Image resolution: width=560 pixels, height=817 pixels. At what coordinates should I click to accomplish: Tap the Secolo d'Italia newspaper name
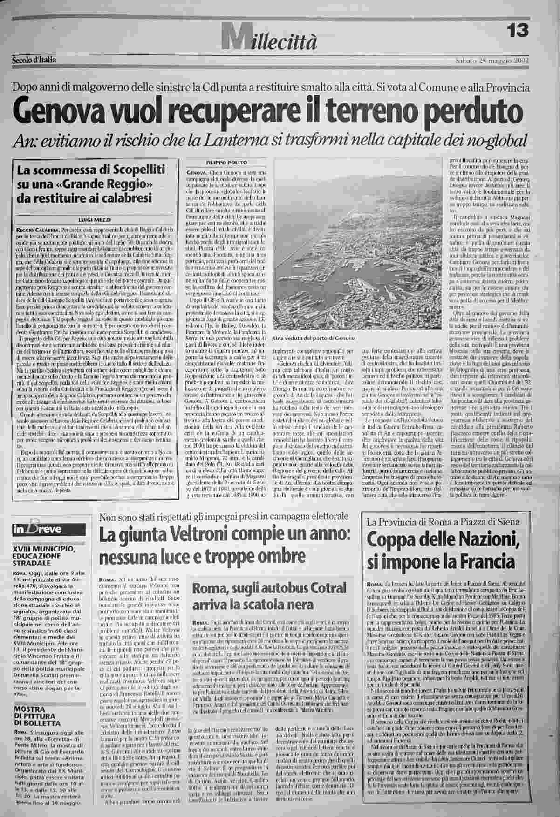[34, 60]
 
